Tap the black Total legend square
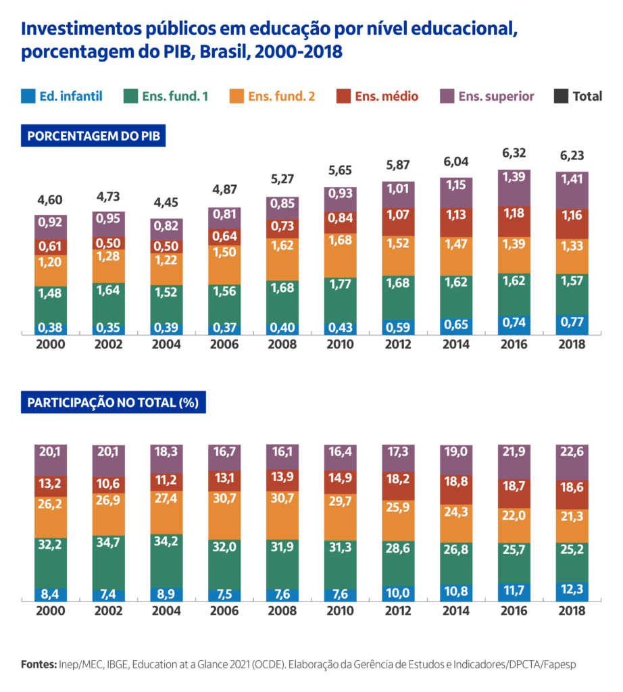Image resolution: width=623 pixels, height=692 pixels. (x=560, y=96)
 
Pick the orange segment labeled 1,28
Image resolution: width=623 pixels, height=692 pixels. (x=109, y=257)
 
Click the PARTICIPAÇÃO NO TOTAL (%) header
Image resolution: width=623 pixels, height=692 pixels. (x=112, y=403)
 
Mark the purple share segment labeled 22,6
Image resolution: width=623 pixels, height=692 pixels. (x=571, y=460)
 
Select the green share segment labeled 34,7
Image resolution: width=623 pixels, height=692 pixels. (x=109, y=543)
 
